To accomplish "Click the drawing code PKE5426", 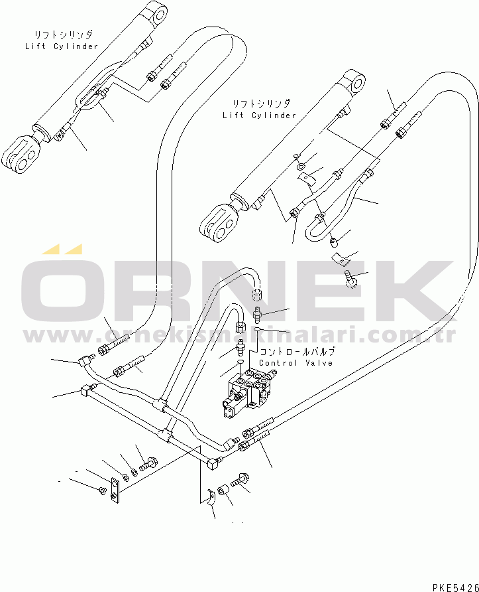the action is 456,587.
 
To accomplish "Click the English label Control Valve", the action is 296,363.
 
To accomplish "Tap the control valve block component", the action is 248,393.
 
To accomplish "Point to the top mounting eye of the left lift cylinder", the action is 158,15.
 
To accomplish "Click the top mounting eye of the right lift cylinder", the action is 356,83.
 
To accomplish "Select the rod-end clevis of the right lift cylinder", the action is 219,223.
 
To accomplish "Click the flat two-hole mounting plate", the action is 115,490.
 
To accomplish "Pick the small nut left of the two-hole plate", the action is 102,490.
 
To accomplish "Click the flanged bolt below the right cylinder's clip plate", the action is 351,279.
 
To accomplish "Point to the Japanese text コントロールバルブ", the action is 297,352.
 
